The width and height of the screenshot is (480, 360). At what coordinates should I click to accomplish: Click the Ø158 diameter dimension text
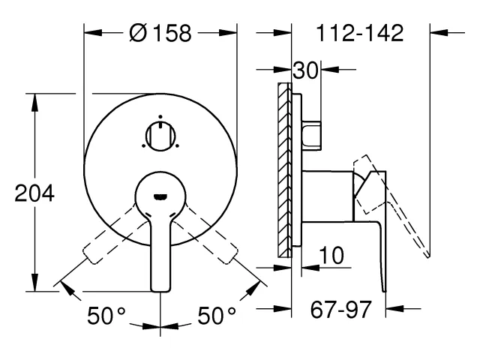[x=160, y=33]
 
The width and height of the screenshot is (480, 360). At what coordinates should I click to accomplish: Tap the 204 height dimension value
[x=34, y=193]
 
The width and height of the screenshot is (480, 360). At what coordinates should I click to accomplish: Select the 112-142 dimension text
[x=360, y=33]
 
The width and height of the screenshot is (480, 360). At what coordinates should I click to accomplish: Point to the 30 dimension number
[x=305, y=70]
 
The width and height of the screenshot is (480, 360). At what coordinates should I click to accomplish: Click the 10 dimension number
[x=331, y=255]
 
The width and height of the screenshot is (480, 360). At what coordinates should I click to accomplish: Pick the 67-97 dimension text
[x=341, y=309]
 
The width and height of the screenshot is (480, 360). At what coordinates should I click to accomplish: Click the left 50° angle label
[x=106, y=316]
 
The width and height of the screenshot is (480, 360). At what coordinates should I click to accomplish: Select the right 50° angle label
[x=217, y=316]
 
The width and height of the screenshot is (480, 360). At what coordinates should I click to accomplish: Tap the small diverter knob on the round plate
[x=160, y=136]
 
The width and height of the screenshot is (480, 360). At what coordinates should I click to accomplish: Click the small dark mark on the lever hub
[x=160, y=196]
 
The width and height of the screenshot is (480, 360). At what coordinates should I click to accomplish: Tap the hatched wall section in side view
[x=284, y=170]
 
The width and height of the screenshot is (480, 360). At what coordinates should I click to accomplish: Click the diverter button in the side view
[x=312, y=136]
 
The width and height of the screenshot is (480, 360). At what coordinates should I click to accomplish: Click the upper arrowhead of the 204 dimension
[x=35, y=102]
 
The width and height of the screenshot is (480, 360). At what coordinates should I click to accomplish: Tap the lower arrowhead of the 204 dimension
[x=35, y=283]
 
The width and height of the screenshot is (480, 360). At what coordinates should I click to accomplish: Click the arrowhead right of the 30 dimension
[x=330, y=69]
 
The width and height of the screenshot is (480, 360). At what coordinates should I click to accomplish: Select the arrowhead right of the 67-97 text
[x=395, y=308]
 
